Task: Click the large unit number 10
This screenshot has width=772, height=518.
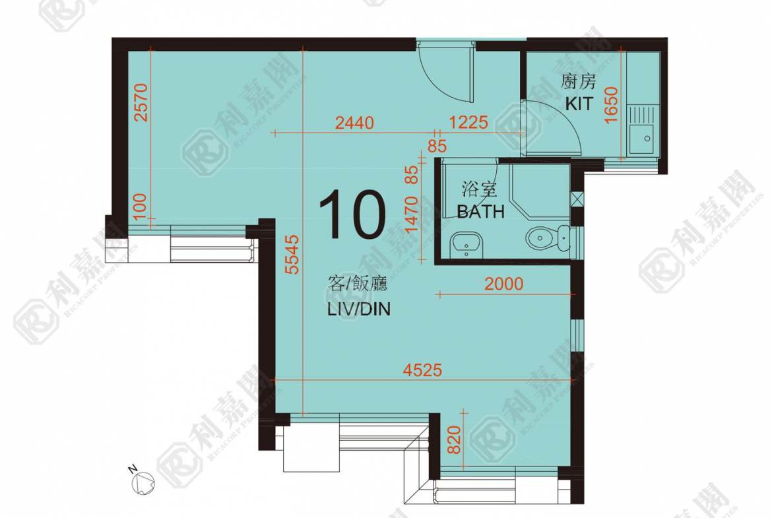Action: point(352,214)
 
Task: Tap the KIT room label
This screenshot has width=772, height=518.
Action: point(579,104)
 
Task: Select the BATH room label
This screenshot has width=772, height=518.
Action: point(481,211)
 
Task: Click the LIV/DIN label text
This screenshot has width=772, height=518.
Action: point(359,309)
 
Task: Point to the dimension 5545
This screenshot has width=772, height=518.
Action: point(292,255)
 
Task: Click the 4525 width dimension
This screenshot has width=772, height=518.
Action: point(422,370)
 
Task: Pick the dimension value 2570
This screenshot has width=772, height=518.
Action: point(141,102)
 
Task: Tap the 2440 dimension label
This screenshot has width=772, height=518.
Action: point(354,122)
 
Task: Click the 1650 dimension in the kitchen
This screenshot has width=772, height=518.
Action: point(610,105)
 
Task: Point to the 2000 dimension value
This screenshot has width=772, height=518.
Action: point(503,284)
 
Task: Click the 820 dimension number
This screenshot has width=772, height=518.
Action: point(454,439)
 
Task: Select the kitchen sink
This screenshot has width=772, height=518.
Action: point(643,129)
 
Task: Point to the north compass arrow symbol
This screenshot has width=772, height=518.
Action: point(143,480)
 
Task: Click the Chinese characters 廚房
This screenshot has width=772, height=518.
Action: point(579,82)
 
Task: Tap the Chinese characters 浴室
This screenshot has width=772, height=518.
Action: point(479,189)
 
